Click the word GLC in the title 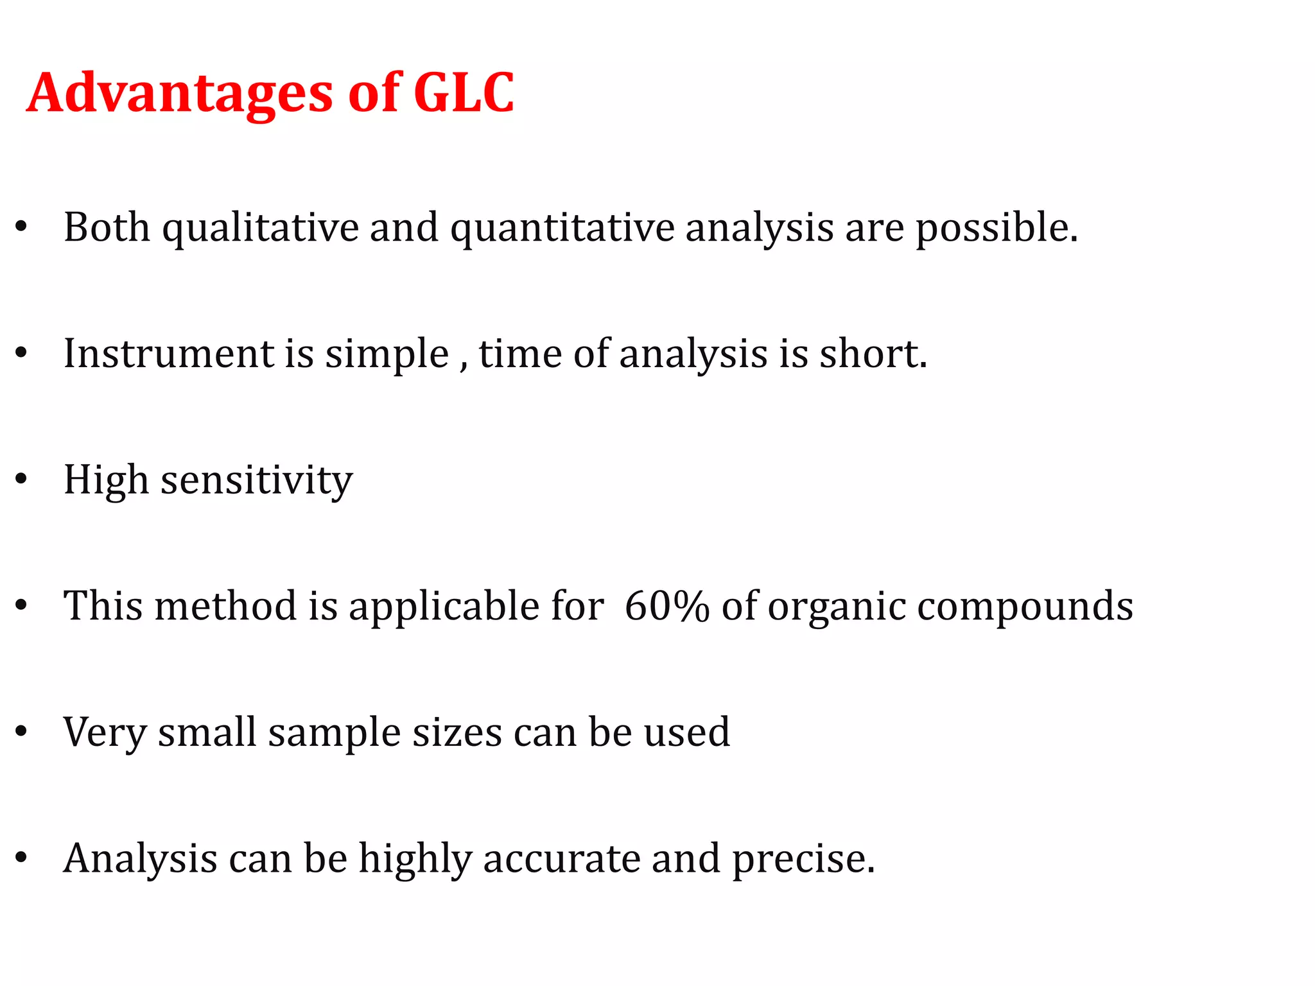point(464,93)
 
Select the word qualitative point(260,228)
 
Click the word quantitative point(562,228)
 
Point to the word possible point(996,228)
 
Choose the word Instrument point(169,354)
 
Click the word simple point(387,354)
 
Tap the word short point(873,354)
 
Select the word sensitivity point(256,480)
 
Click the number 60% point(666,606)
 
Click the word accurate point(562,859)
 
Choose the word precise point(803,859)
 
